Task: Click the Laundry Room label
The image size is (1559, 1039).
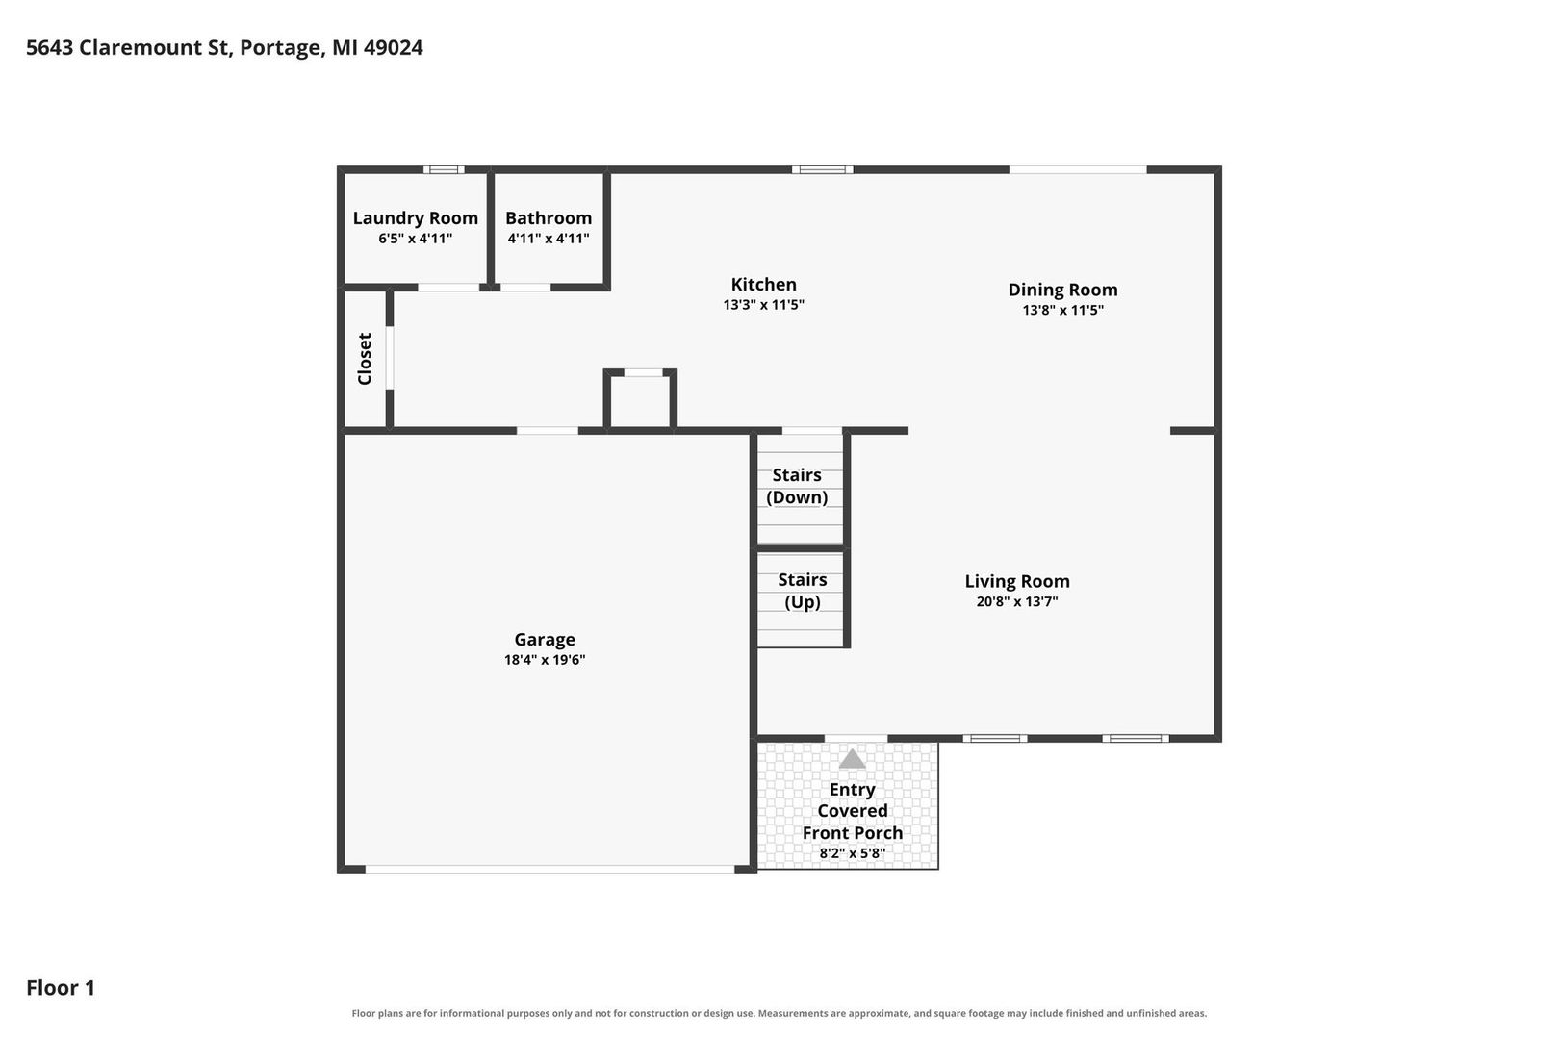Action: pos(415,218)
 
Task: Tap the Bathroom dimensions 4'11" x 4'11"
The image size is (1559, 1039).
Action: pos(549,239)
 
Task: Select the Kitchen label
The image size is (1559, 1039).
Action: pos(763,284)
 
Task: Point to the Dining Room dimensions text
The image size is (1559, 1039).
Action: pos(1062,310)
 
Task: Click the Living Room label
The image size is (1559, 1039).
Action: pos(1017,581)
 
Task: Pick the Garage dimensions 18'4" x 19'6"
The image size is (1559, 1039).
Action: pos(545,660)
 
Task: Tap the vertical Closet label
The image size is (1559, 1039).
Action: pos(365,359)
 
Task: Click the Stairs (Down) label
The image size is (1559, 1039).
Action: pos(797,486)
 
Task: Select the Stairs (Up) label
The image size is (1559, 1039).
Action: pos(802,591)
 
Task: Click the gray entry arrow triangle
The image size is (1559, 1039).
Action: pos(852,759)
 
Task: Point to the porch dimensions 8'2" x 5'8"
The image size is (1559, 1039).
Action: pos(852,853)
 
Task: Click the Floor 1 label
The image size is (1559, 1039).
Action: pos(61,987)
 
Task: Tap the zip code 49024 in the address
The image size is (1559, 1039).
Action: pos(394,47)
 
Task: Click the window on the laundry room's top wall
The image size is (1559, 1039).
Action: pos(444,170)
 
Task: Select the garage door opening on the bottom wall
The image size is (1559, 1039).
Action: pos(549,869)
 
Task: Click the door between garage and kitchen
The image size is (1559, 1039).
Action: pos(547,431)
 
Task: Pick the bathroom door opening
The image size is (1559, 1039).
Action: pos(525,288)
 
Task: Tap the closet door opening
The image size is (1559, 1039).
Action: pos(390,358)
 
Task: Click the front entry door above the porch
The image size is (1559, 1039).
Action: pos(856,739)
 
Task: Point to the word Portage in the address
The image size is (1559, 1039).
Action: pos(281,48)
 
